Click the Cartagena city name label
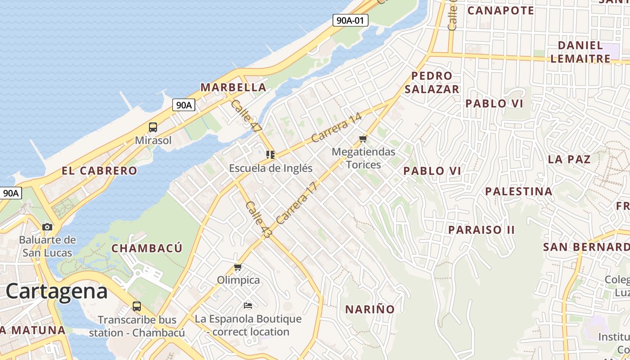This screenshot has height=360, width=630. point(57,291)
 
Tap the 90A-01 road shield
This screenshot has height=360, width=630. point(350,20)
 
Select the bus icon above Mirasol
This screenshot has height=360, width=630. point(153,127)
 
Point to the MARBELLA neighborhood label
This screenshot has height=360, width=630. point(233,87)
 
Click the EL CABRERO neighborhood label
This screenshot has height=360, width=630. point(99,171)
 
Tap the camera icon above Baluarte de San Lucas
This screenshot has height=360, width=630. point(47,227)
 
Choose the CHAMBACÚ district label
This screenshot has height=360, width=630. point(147,248)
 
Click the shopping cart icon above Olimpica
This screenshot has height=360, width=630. point(238,267)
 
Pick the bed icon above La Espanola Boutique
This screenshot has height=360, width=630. point(247,306)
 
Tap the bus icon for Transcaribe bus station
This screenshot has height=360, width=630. point(137,307)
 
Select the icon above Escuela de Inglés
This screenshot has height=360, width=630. point(270,155)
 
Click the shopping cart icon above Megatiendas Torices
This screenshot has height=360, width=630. point(363,139)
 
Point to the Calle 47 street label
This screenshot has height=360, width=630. point(246,116)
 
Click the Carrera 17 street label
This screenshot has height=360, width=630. point(297,203)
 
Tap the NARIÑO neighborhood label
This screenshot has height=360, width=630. point(370,309)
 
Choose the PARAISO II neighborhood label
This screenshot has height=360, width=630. point(481,230)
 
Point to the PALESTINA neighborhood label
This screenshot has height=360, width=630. point(518,192)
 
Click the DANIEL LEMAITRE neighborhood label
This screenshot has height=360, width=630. point(580,52)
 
